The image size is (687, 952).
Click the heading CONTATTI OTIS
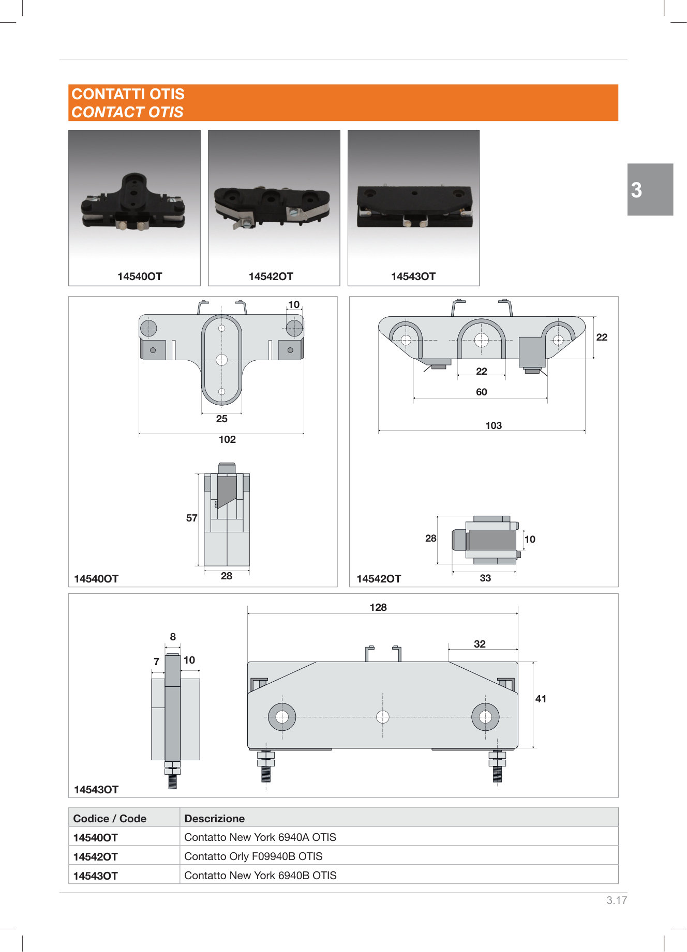pos(128,94)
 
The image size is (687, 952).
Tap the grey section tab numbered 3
pos(650,190)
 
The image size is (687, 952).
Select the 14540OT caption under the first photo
pos(140,277)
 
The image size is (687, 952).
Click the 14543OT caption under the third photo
pos(413,277)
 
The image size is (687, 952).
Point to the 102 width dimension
pos(227,439)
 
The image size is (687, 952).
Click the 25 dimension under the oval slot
pos(221,419)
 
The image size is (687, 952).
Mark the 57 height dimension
pos(191,518)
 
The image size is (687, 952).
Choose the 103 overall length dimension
pos(494,425)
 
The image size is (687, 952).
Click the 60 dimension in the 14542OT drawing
pos(482,392)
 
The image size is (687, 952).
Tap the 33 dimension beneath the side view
pos(485,578)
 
